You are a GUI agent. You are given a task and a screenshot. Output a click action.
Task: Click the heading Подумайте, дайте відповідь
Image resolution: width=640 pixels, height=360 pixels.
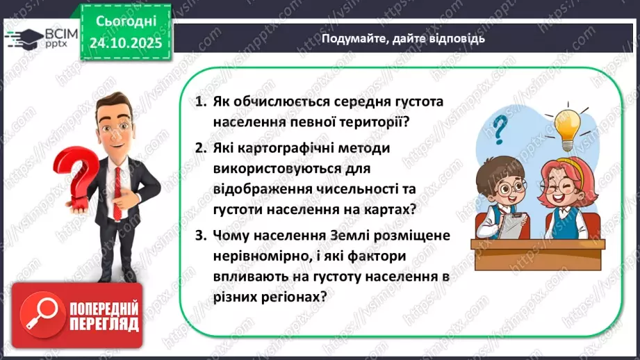pyautogui.click(x=403, y=39)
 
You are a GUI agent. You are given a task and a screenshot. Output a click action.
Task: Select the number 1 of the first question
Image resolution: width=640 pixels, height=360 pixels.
pyautogui.click(x=200, y=102)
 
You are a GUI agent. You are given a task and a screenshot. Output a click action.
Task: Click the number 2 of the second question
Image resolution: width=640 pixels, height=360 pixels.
pyautogui.click(x=200, y=149)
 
